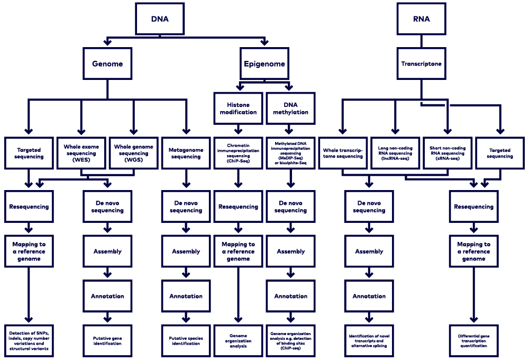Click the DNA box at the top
point(160,19)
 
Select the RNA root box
point(421,19)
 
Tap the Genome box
point(107,64)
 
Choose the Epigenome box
point(264,64)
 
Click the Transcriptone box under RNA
point(421,64)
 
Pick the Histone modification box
point(238,109)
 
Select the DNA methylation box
point(290,109)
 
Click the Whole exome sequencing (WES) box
point(81,153)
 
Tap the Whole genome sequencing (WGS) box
point(133,153)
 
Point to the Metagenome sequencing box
point(186,153)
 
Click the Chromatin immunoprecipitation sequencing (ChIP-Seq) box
point(238,153)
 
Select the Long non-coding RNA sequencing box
point(395,153)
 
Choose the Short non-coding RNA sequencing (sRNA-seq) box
point(447,153)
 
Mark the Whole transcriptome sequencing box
point(343,153)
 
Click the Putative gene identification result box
point(107,340)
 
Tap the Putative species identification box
point(186,340)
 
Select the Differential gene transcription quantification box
point(473,340)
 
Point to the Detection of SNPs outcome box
point(29,340)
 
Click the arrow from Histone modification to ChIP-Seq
point(238,129)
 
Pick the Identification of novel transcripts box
point(369,340)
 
